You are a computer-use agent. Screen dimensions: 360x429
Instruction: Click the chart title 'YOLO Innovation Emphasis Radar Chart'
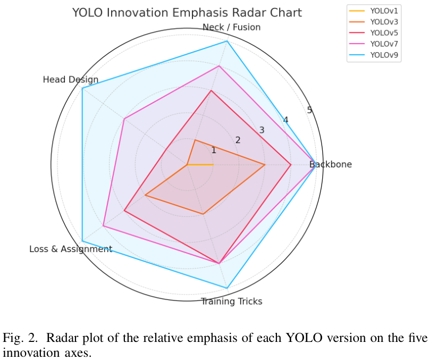click(x=187, y=13)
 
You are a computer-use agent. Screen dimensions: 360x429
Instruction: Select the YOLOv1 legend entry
click(x=384, y=10)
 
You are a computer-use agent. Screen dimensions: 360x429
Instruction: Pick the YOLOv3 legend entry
click(x=384, y=21)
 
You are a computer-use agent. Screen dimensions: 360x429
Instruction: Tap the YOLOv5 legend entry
click(x=384, y=32)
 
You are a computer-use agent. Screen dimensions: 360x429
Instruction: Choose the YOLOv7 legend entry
click(x=384, y=44)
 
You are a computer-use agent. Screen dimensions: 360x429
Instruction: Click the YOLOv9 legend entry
click(x=384, y=55)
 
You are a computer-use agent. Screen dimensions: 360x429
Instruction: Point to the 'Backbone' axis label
click(x=331, y=165)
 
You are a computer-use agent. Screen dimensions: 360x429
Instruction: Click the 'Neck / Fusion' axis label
click(x=232, y=27)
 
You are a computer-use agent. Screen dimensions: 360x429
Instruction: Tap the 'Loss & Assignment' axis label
click(x=71, y=249)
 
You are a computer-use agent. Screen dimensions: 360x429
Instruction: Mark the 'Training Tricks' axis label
click(x=231, y=302)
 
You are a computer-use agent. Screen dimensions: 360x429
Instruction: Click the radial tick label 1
click(x=214, y=150)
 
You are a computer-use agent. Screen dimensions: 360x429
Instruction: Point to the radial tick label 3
click(x=262, y=130)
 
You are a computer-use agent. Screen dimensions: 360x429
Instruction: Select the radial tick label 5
click(x=309, y=110)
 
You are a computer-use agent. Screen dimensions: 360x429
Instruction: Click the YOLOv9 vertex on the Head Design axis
click(x=82, y=89)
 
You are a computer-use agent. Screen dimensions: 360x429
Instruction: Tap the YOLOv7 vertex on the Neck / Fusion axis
click(x=220, y=66)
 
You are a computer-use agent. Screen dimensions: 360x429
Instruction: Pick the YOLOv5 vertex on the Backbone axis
click(x=290, y=165)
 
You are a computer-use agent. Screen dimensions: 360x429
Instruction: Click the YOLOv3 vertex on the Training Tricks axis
click(x=203, y=214)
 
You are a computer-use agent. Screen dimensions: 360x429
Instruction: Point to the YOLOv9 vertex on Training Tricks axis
click(x=227, y=288)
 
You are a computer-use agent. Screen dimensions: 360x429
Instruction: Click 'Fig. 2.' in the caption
click(x=20, y=338)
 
